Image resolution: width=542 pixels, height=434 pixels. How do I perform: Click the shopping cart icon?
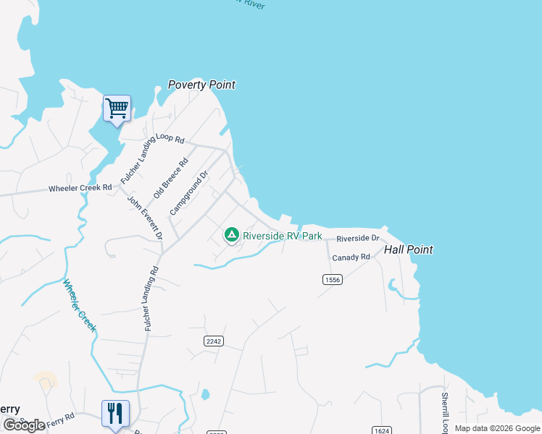point(117,109)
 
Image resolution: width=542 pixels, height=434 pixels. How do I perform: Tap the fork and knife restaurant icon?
point(115,414)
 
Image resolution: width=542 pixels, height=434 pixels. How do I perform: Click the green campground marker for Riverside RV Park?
point(231,235)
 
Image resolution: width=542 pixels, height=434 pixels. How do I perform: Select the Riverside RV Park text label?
point(283,236)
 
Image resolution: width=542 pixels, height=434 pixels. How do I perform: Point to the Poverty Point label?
point(201,85)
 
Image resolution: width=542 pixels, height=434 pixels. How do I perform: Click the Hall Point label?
point(409,250)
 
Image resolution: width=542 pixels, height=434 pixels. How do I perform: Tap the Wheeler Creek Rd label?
point(80,188)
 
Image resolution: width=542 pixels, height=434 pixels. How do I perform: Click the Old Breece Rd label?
point(171,178)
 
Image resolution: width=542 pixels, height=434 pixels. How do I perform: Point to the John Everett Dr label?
point(145,218)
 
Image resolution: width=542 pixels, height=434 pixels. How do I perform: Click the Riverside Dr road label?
point(358,238)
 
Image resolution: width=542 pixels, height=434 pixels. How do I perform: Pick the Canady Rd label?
point(351,258)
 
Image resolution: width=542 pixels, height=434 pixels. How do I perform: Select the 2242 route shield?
point(212,341)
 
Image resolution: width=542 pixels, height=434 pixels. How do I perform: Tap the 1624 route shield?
point(382,430)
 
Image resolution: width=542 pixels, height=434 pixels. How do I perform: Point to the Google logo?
point(24,425)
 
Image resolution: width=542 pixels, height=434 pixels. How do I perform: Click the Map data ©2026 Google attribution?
point(498,428)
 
